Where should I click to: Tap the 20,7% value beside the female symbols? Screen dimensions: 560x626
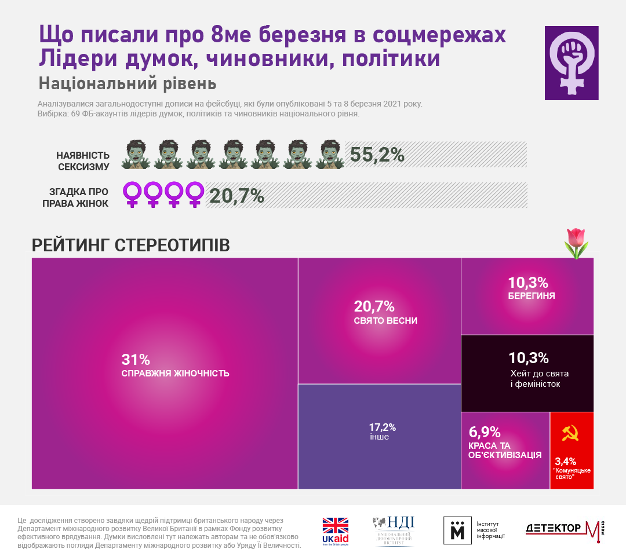[x=236, y=196]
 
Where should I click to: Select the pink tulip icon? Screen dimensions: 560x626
[x=576, y=243]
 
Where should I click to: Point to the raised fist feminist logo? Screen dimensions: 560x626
[x=571, y=63]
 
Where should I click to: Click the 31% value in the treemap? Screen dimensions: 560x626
[x=136, y=359]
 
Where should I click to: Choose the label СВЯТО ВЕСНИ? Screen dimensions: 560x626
[x=385, y=321]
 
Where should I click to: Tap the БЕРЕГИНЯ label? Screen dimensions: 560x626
[x=531, y=295]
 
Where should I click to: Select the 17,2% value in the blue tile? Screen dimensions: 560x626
[x=383, y=427]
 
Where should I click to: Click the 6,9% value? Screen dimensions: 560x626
[x=484, y=432]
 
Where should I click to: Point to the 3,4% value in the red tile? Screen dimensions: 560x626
[x=565, y=461]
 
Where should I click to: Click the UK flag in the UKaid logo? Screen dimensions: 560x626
[x=335, y=525]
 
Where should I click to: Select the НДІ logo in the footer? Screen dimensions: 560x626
[x=394, y=530]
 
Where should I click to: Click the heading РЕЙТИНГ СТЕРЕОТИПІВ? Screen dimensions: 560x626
[x=130, y=245]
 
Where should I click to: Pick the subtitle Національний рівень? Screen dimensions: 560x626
[x=128, y=83]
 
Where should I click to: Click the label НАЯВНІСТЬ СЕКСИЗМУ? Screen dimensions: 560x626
[x=83, y=161]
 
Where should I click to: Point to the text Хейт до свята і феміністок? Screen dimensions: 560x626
[x=534, y=378]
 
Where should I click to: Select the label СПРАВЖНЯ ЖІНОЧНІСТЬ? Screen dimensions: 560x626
[x=175, y=374]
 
